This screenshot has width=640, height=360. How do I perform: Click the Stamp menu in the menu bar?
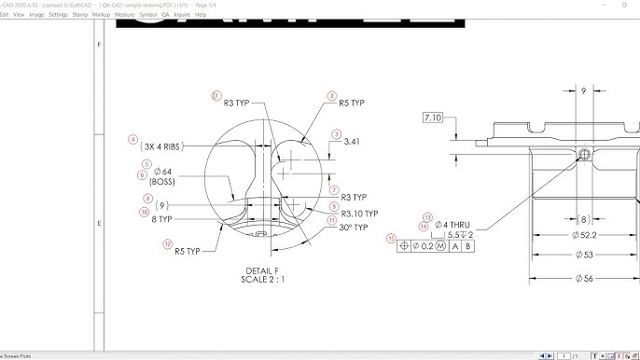(x=81, y=15)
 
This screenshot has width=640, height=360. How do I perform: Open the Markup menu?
(x=100, y=15)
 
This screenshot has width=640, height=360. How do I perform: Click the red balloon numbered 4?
(x=132, y=141)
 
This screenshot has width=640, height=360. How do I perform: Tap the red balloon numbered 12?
(x=167, y=244)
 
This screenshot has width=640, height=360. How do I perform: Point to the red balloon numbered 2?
(x=331, y=95)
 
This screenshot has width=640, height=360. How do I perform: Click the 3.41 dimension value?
(x=352, y=142)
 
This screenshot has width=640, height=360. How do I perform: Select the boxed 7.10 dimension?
(x=434, y=118)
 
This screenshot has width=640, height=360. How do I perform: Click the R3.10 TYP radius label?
(x=359, y=214)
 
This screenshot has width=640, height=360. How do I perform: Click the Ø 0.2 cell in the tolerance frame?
(x=424, y=246)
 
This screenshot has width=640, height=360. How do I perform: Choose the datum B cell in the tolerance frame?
(x=468, y=246)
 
